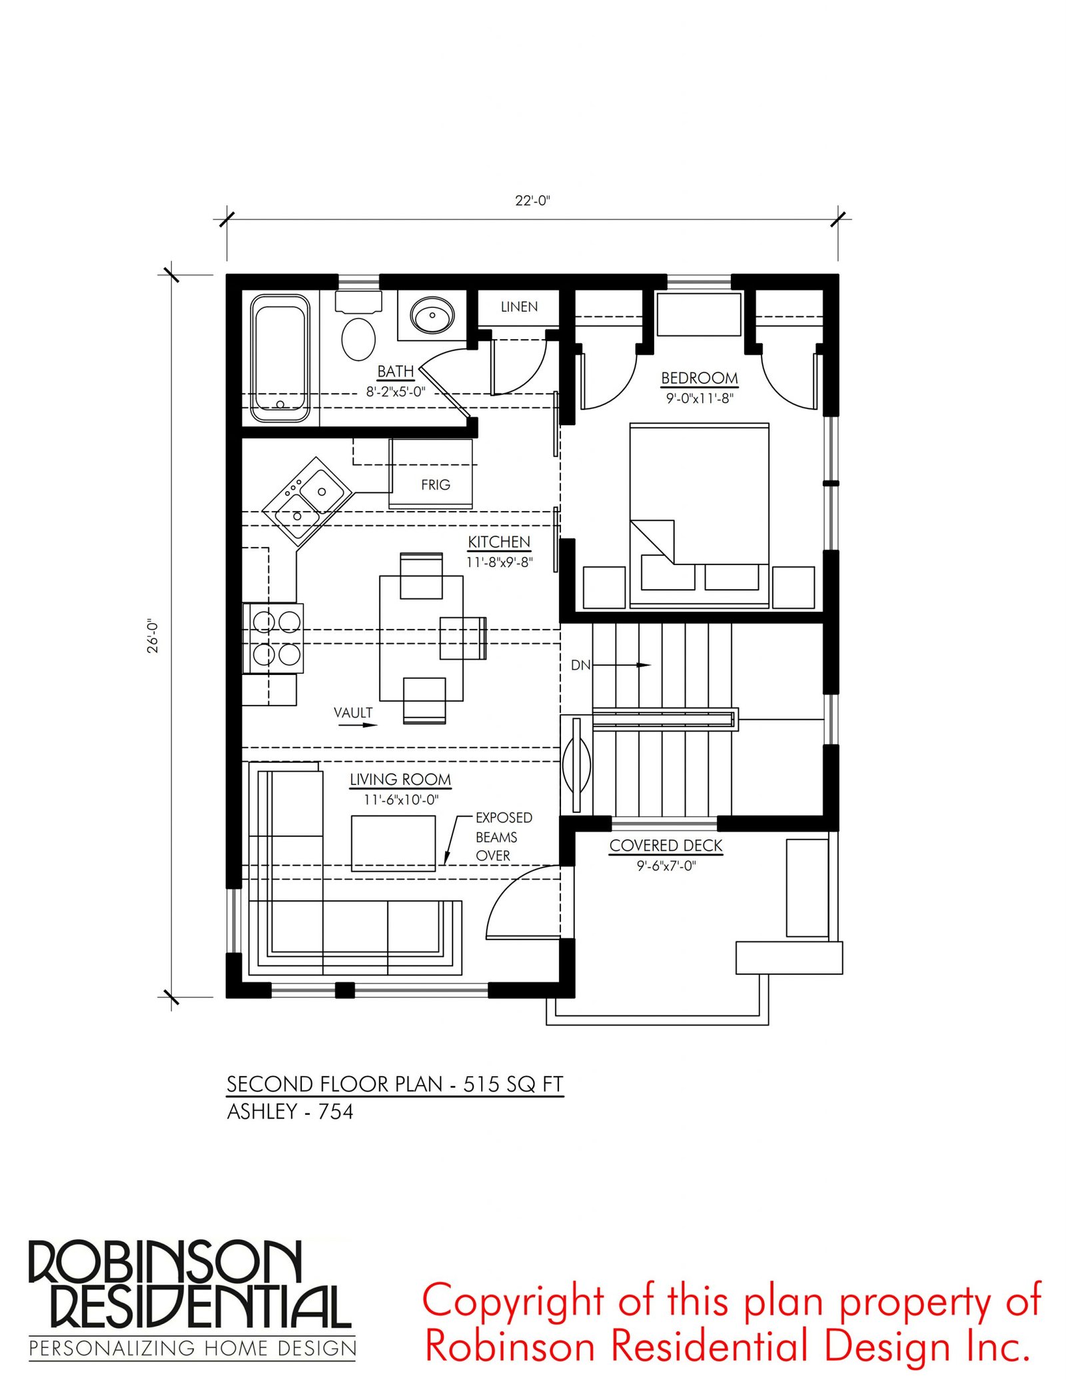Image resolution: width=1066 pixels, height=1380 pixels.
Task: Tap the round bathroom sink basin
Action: (x=432, y=315)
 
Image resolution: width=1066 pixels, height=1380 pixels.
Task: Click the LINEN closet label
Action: (x=519, y=307)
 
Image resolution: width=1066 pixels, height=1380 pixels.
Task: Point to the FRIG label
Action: (x=436, y=485)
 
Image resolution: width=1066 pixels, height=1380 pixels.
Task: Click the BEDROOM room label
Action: (x=700, y=378)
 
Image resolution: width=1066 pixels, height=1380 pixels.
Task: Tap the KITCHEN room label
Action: (x=499, y=542)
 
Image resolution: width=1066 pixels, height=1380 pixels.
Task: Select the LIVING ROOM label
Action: (x=400, y=779)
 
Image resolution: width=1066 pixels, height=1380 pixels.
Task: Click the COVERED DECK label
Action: (x=666, y=845)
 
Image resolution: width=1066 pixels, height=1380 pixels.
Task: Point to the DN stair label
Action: (x=580, y=665)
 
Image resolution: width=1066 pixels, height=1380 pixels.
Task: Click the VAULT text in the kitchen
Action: (x=353, y=712)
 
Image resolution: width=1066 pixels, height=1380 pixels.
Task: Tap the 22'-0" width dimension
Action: (x=532, y=201)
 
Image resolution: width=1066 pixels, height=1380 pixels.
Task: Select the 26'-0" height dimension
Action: (x=153, y=636)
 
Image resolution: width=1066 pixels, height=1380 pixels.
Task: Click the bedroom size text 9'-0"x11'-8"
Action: (x=700, y=398)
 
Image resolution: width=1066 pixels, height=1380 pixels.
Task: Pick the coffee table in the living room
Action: (x=393, y=843)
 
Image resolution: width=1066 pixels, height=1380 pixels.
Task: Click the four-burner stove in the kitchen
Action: (x=273, y=638)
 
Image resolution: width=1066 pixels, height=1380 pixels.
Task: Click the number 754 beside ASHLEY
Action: (x=336, y=1111)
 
